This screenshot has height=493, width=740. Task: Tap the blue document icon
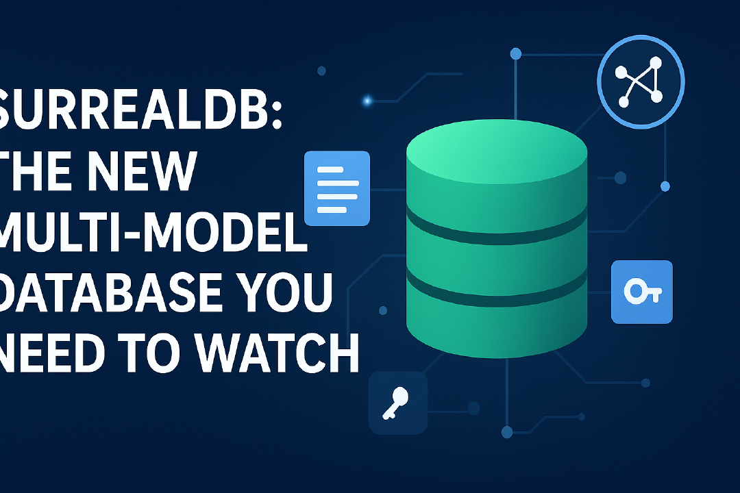[x=336, y=188]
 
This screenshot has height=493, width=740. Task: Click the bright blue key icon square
[x=642, y=292]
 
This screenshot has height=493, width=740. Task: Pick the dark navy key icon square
[x=398, y=403]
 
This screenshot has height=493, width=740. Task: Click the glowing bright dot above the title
[x=367, y=100]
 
